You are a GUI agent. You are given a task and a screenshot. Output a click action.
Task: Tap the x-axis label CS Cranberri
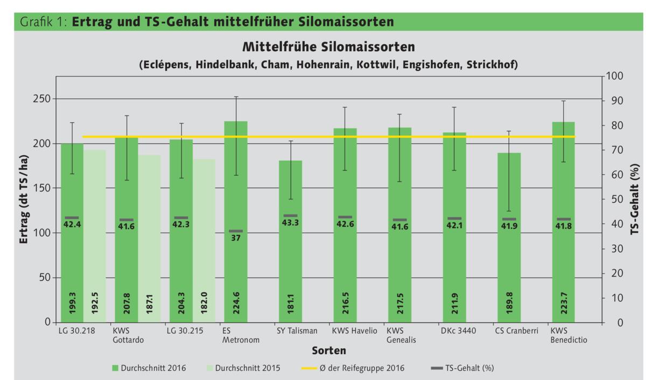[x=516, y=331]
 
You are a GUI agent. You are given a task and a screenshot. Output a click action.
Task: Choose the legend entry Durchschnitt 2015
[x=241, y=368]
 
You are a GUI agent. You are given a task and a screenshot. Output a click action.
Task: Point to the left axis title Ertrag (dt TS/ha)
[x=24, y=199]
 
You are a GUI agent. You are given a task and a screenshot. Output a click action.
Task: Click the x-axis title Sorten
[x=328, y=351]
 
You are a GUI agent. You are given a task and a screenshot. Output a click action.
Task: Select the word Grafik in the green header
[x=33, y=22]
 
